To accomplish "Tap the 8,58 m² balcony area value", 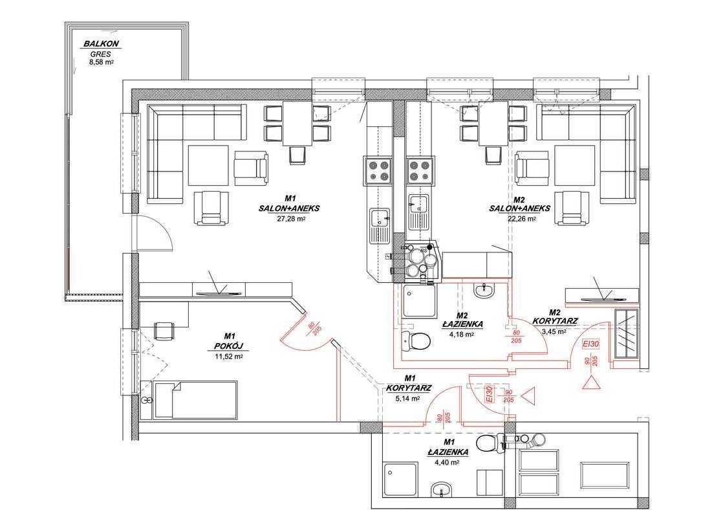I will tap(102, 63).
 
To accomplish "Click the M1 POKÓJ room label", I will tap(228, 341).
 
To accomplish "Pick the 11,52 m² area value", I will tap(228, 356).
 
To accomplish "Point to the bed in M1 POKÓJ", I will tap(196, 399).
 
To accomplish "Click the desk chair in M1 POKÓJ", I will tap(166, 330).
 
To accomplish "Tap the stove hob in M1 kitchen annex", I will tap(378, 170).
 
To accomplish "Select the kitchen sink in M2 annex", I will tap(418, 208).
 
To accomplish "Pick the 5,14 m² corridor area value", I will tap(409, 399).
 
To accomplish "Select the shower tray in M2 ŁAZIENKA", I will tap(418, 302).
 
